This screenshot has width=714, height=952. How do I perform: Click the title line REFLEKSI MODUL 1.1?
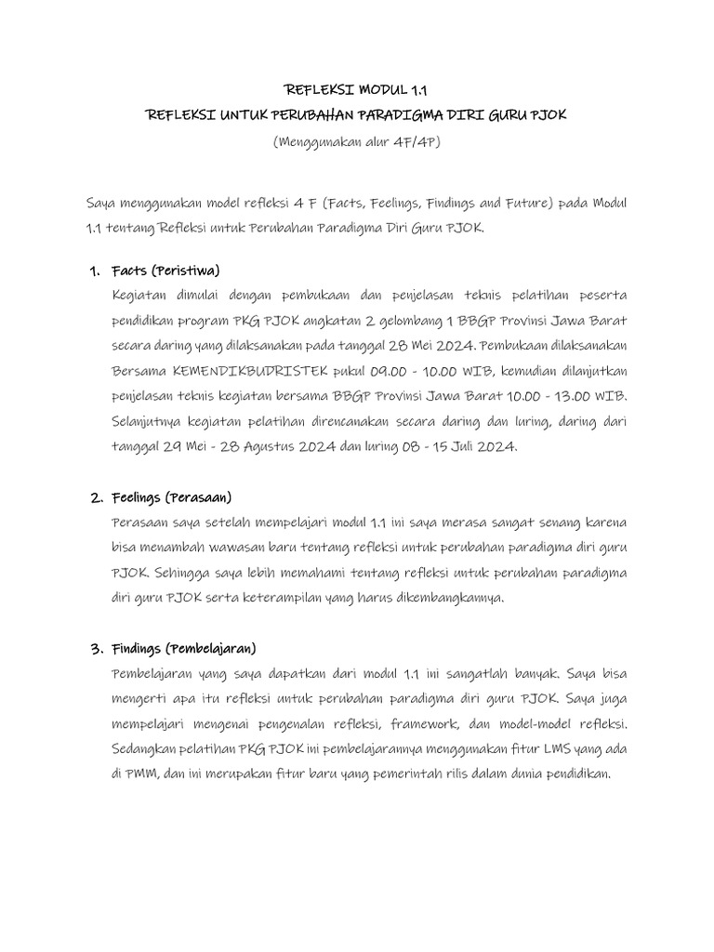[x=358, y=90]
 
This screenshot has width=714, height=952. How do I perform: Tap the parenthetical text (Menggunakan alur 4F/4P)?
[x=357, y=141]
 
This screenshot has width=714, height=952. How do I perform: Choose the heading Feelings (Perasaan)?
[x=171, y=497]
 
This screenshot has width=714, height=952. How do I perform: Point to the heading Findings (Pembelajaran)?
[x=183, y=648]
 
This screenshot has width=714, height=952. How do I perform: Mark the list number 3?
[x=95, y=648]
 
